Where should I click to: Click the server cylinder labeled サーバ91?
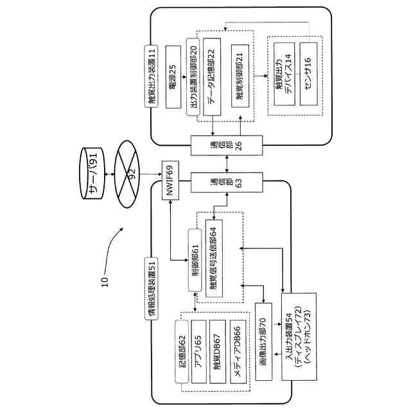pyautogui.click(x=92, y=174)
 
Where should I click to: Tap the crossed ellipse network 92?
pyautogui.click(x=127, y=174)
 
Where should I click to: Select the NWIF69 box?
pyautogui.click(x=170, y=180)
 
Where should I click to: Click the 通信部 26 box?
pyautogui.click(x=227, y=146)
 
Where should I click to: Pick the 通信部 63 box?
pyautogui.click(x=227, y=182)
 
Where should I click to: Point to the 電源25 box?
pyautogui.click(x=173, y=77)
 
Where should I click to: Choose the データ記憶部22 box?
pyautogui.click(x=212, y=77)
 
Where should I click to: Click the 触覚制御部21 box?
pyautogui.click(x=240, y=76)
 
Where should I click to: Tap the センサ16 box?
pyautogui.click(x=308, y=74)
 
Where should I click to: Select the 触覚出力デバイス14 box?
pyautogui.click(x=284, y=74)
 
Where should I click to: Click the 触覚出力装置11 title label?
pyautogui.click(x=152, y=76)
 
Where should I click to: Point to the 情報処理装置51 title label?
pyautogui.click(x=152, y=289)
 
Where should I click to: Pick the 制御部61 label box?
pyautogui.click(x=195, y=260)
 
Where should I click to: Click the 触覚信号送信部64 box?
pyautogui.click(x=214, y=258)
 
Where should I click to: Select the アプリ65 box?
pyautogui.click(x=199, y=351)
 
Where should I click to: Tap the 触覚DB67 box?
pyautogui.click(x=218, y=351)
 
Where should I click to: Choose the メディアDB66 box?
pyautogui.click(x=238, y=351)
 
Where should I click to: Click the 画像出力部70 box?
pyautogui.click(x=264, y=342)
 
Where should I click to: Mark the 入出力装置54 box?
pyautogui.click(x=299, y=337)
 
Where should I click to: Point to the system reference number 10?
pyautogui.click(x=105, y=282)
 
